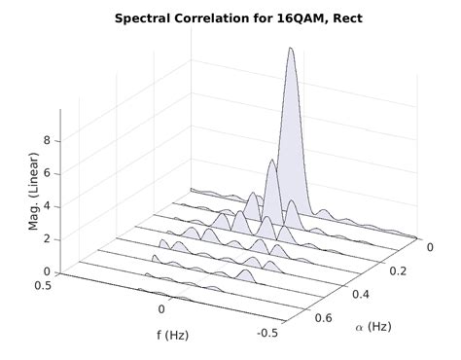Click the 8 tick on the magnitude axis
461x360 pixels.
coord(47,141)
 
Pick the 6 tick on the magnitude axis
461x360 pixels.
coord(47,174)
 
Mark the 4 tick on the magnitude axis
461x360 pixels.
coord(47,207)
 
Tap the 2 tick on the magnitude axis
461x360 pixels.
coord(47,239)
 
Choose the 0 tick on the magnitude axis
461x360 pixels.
coord(47,272)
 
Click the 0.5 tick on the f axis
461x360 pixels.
coord(43,285)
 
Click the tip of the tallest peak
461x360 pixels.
coord(289,51)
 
